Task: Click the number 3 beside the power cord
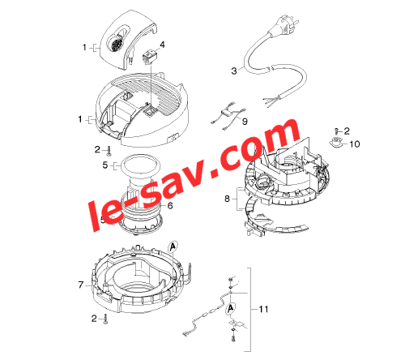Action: (234, 71)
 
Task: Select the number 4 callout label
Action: (162, 45)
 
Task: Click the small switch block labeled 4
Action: (148, 58)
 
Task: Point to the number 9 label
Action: (245, 122)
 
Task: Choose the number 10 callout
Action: (355, 144)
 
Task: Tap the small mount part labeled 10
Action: (336, 142)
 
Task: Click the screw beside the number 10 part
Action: (336, 131)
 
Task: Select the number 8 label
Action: (227, 199)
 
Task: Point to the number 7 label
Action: (81, 285)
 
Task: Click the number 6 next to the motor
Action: (170, 206)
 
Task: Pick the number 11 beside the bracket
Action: (263, 309)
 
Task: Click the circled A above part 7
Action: (173, 246)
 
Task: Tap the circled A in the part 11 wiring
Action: (230, 308)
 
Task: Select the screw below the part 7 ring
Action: (105, 319)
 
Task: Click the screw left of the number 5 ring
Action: (109, 151)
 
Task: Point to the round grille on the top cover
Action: (116, 44)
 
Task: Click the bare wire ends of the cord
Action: (271, 101)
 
